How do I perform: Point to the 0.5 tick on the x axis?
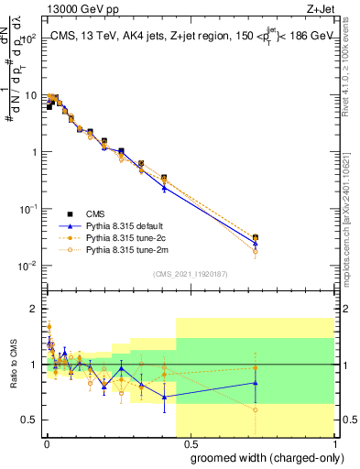pyautogui.click(x=191, y=442)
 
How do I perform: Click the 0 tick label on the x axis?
pyautogui.click(x=46, y=442)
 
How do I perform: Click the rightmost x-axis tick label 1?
pyautogui.click(x=335, y=442)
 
